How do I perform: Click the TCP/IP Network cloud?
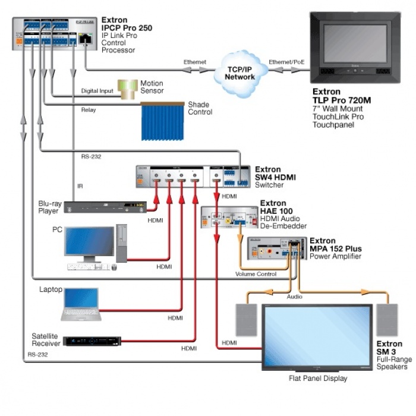[240, 73]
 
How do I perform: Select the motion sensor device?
[127, 89]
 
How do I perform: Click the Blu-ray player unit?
[105, 207]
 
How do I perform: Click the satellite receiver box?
[92, 342]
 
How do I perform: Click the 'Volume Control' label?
[256, 274]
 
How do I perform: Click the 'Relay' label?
[89, 110]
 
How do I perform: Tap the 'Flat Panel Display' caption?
[318, 379]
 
